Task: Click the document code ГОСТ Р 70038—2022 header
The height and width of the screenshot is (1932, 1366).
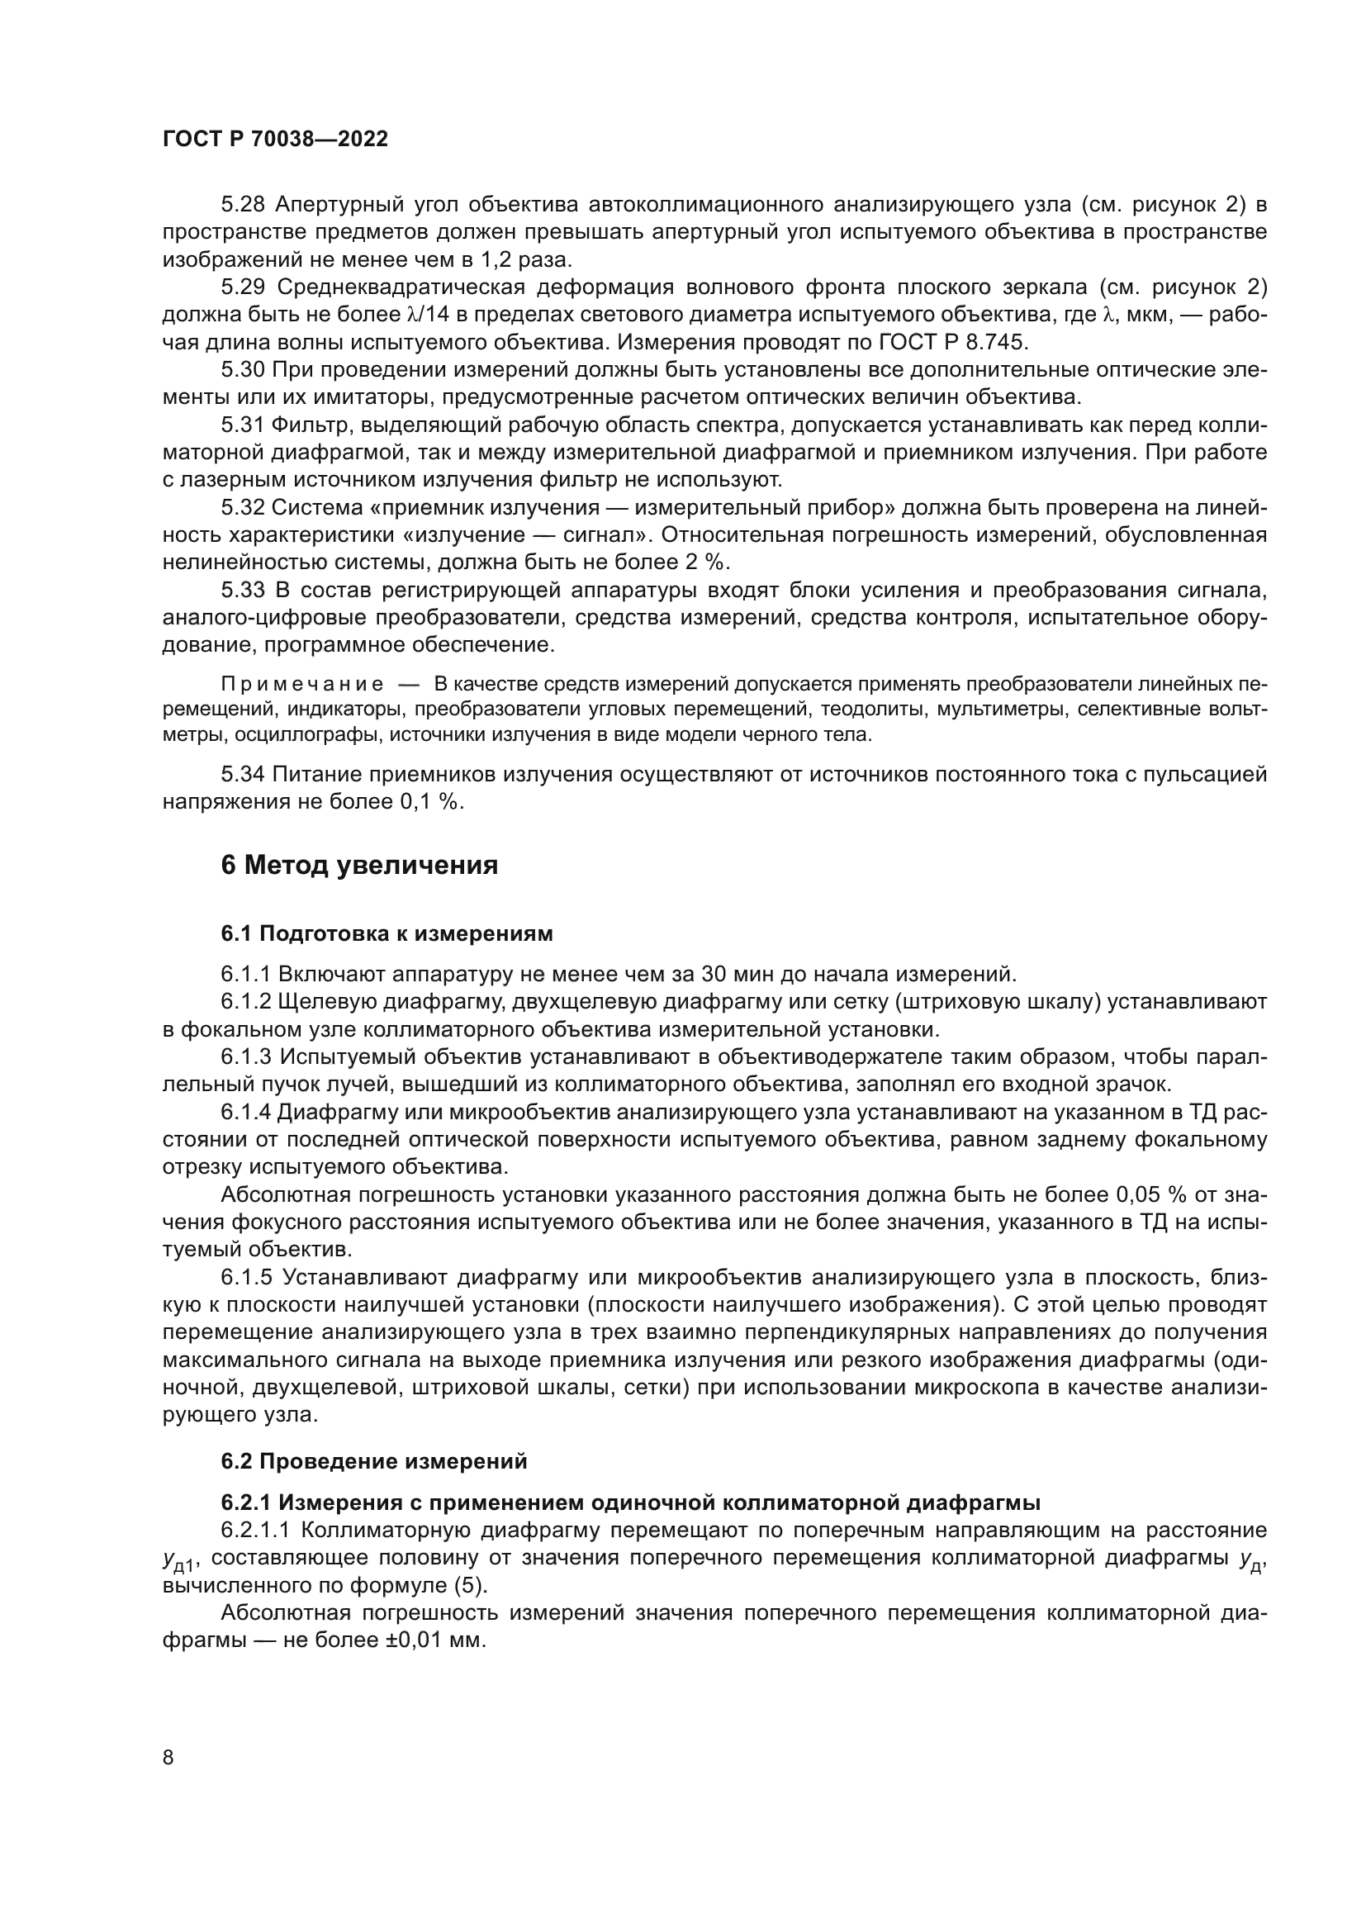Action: point(275,140)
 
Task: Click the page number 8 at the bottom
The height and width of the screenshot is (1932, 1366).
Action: point(168,1758)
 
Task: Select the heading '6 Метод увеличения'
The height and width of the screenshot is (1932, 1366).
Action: point(359,865)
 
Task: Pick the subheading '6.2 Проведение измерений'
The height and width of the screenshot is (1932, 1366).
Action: point(374,1462)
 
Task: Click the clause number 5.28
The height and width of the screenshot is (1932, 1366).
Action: point(243,205)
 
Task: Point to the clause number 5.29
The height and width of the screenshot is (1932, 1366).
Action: point(243,287)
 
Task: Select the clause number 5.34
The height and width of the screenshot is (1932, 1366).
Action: point(243,774)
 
